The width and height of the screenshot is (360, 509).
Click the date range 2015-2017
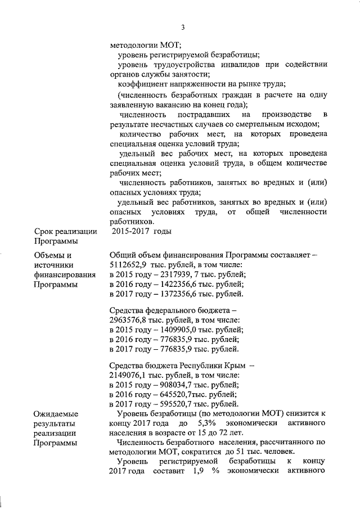point(130,231)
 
